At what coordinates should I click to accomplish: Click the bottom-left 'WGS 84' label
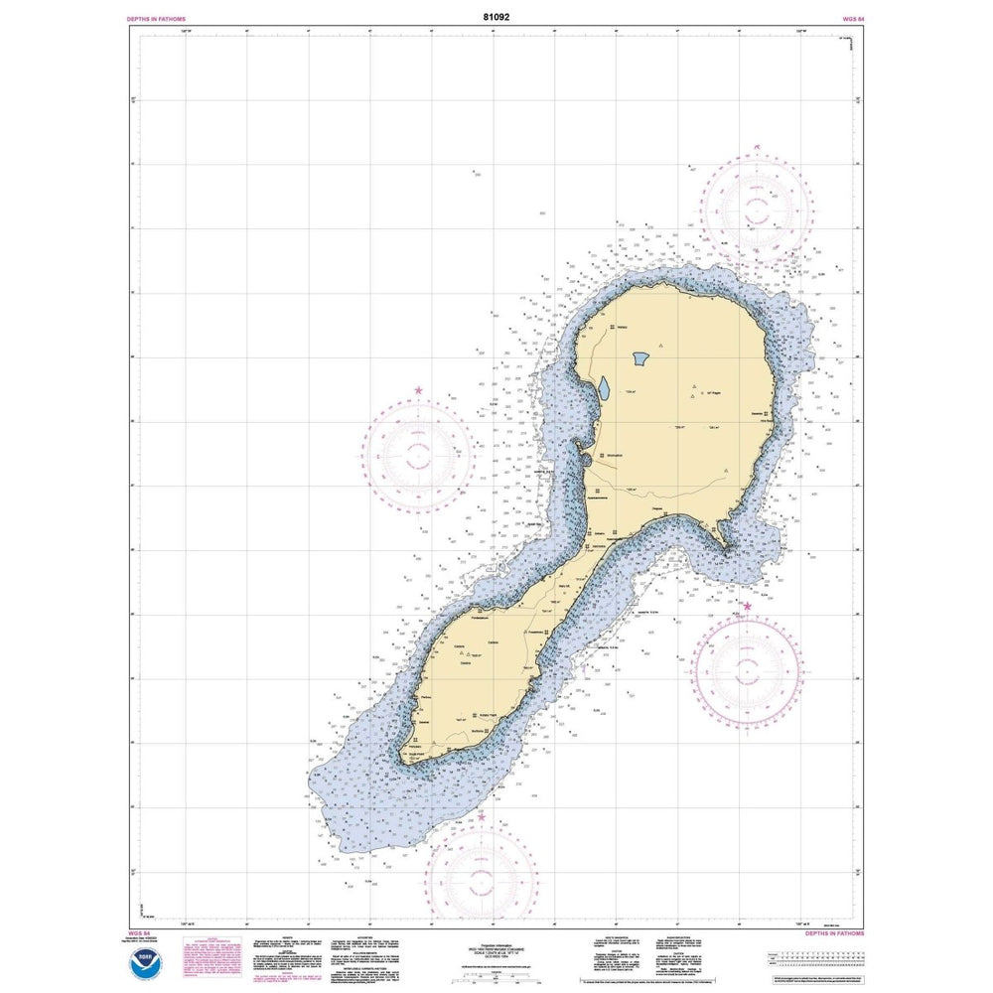[x=141, y=934]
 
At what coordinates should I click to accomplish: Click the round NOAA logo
[x=149, y=959]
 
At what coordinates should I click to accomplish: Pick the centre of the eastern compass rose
[x=748, y=665]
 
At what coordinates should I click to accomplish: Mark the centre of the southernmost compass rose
[x=482, y=876]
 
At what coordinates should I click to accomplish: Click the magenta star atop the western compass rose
[x=418, y=391]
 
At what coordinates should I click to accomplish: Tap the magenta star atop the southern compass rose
[x=482, y=817]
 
